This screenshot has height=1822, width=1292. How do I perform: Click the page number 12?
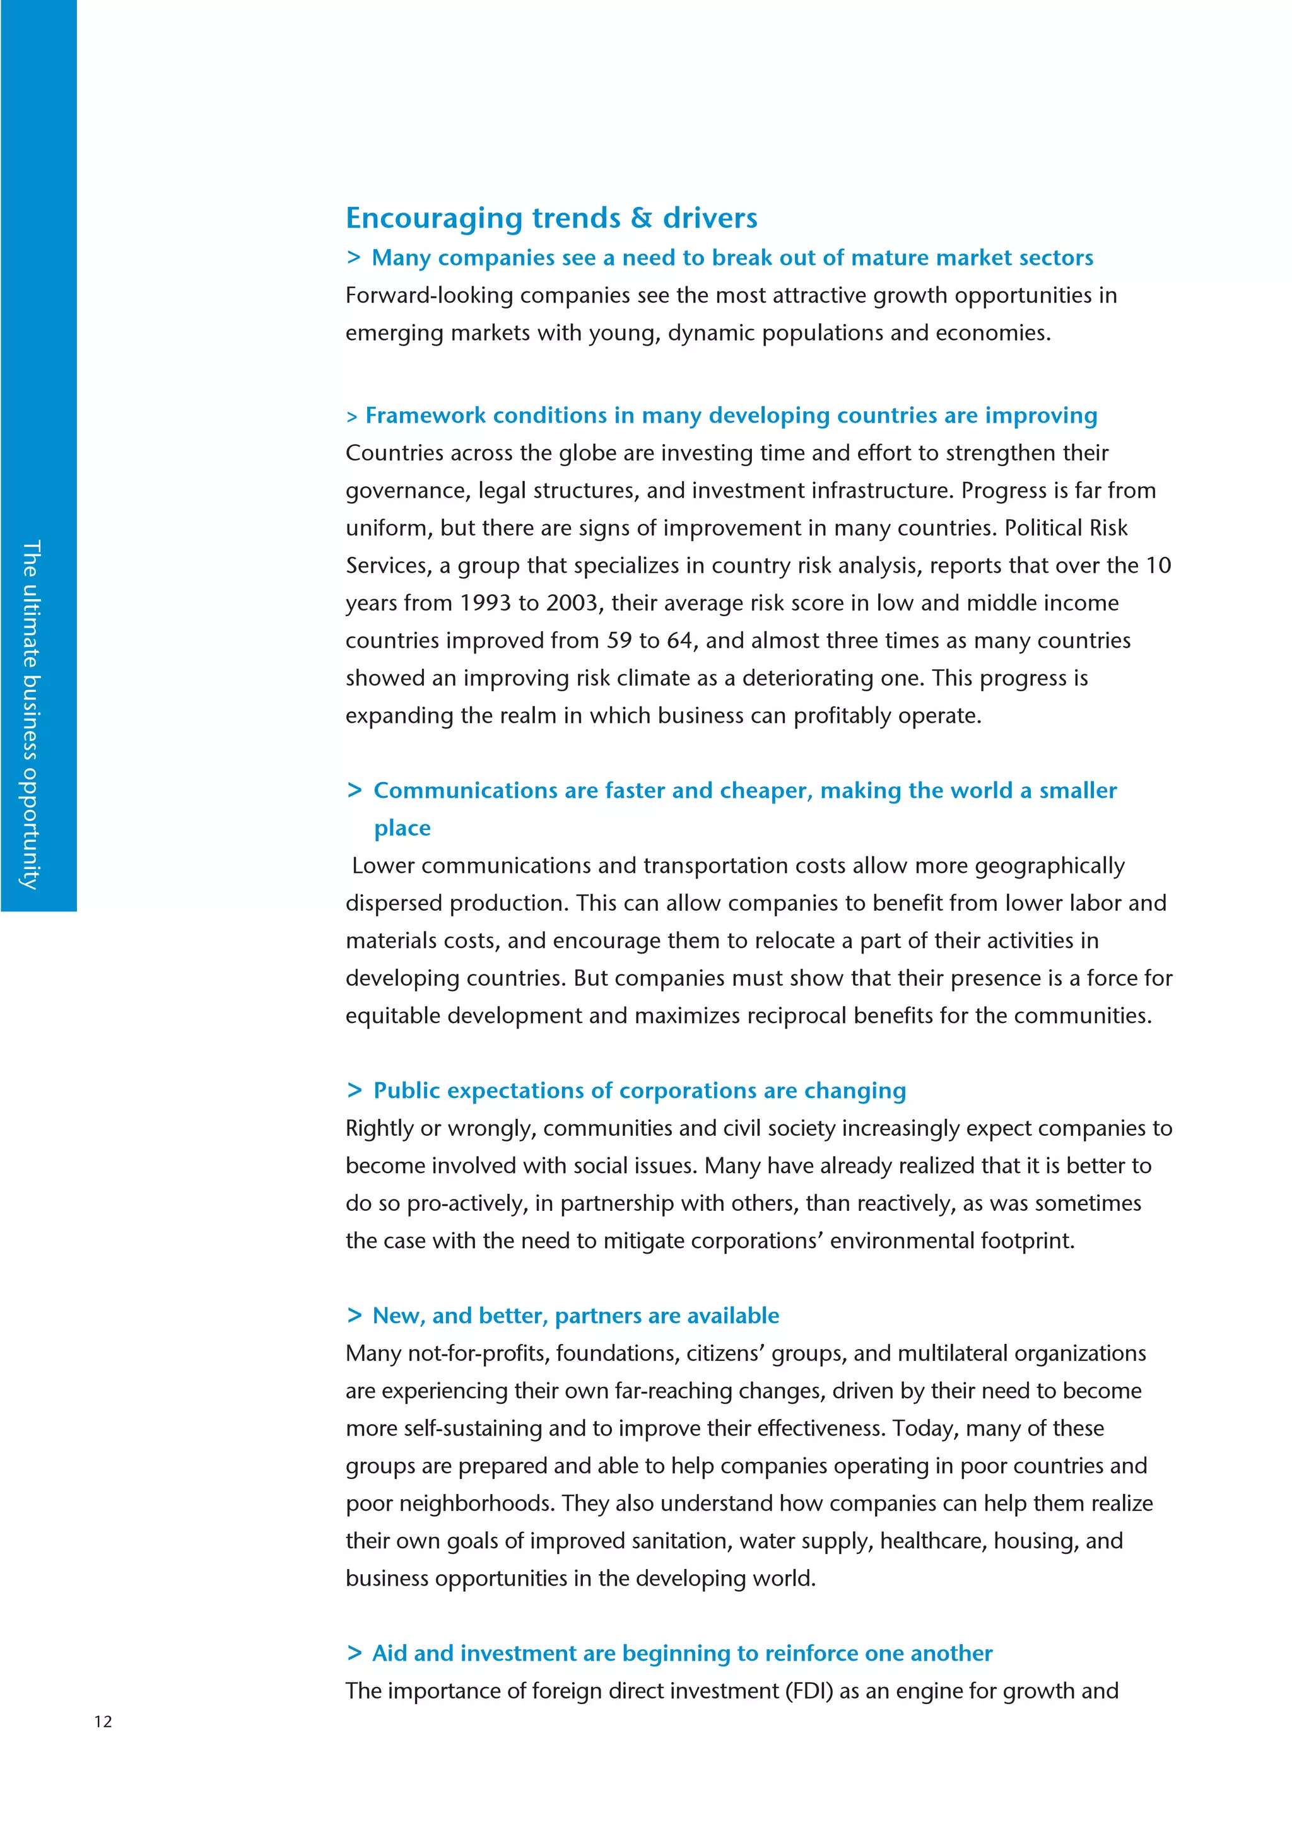[103, 1722]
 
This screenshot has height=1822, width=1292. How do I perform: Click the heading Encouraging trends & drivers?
[551, 218]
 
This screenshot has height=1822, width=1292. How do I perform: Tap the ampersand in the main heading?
[640, 218]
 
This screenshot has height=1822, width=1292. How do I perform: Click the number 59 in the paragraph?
[619, 640]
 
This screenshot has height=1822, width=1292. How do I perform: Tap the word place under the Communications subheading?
[402, 828]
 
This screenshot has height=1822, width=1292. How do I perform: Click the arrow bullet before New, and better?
[354, 1316]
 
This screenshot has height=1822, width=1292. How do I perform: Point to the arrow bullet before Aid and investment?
[354, 1652]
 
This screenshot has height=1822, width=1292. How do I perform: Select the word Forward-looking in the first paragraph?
[429, 295]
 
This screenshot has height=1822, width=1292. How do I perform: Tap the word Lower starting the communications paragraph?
[383, 866]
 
